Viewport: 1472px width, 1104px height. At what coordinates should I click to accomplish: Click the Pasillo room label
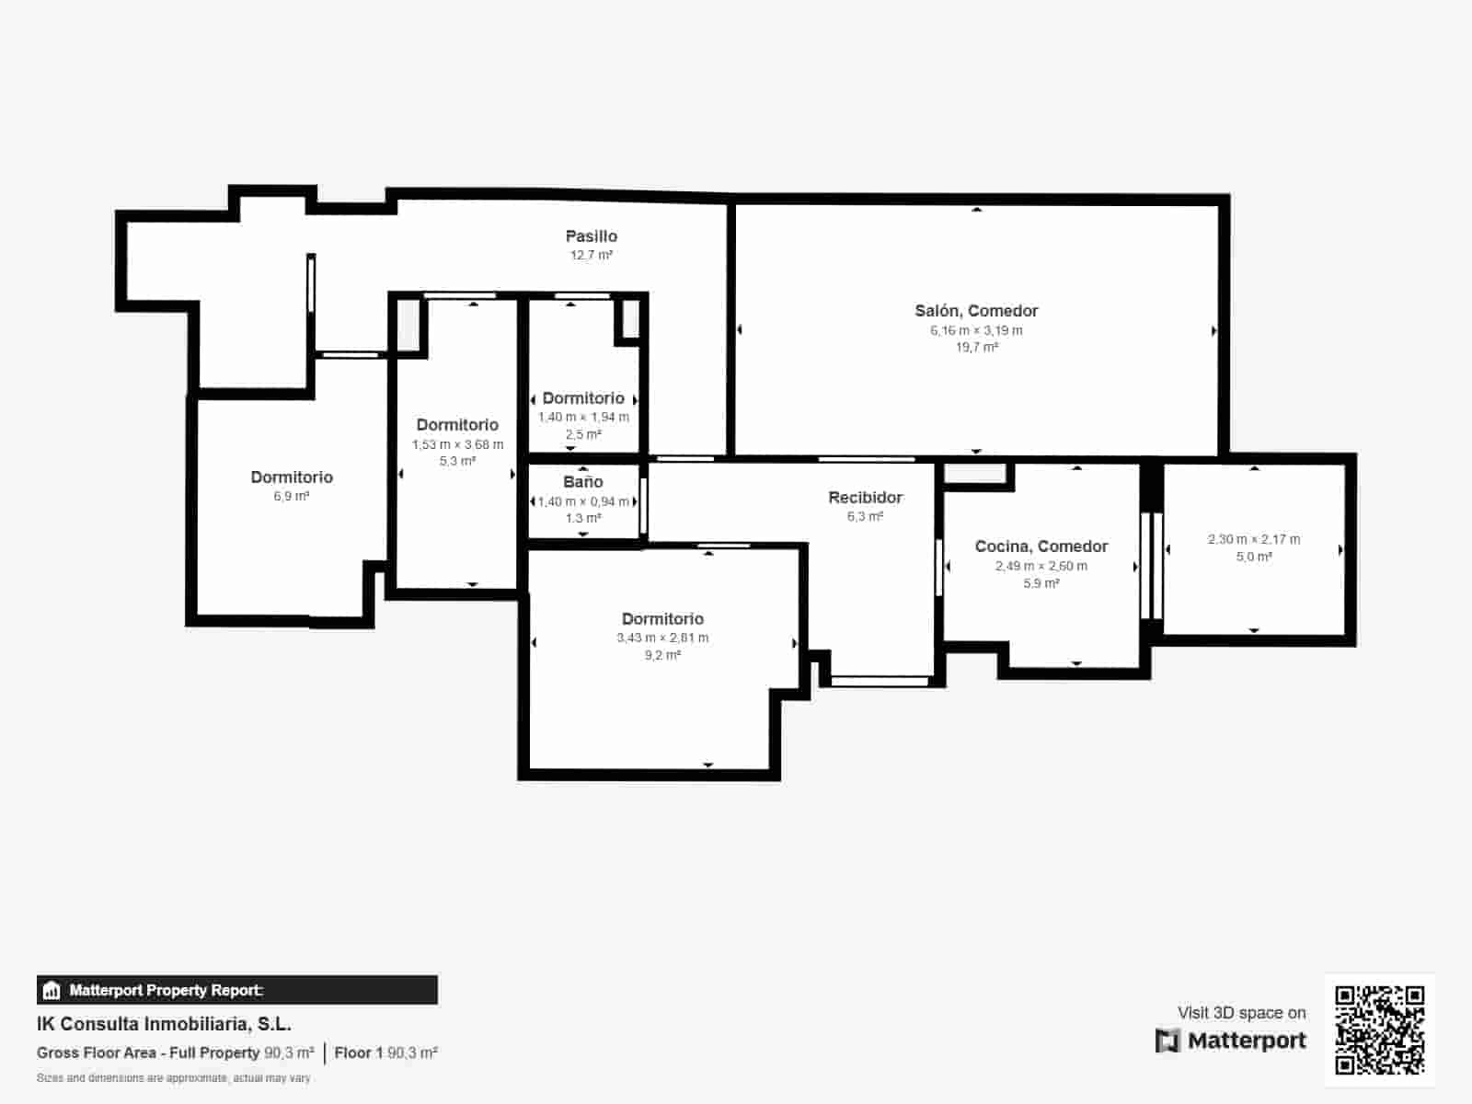pyautogui.click(x=591, y=236)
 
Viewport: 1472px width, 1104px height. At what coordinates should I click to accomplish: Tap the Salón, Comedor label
pyautogui.click(x=976, y=311)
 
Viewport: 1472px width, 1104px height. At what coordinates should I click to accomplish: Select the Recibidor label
pyautogui.click(x=865, y=498)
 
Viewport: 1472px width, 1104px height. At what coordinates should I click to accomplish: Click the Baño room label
pyautogui.click(x=583, y=482)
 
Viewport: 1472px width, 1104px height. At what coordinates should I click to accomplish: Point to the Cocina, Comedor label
pyautogui.click(x=1041, y=546)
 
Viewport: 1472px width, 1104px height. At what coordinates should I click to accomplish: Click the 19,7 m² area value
pyautogui.click(x=976, y=348)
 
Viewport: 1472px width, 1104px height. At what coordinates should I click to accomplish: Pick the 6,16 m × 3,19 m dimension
pyautogui.click(x=976, y=330)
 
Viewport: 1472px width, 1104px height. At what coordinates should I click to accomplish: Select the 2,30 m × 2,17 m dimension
pyautogui.click(x=1254, y=539)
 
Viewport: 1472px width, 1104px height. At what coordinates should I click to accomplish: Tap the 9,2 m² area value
pyautogui.click(x=662, y=656)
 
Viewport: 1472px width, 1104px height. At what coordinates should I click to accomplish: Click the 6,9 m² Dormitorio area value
pyautogui.click(x=291, y=496)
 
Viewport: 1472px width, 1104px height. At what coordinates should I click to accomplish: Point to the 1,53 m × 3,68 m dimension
pyautogui.click(x=457, y=444)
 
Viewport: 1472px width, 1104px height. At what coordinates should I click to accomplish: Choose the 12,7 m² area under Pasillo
pyautogui.click(x=591, y=256)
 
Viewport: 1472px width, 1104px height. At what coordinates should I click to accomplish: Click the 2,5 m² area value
pyautogui.click(x=583, y=434)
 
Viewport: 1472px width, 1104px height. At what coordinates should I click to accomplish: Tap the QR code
pyautogui.click(x=1379, y=1029)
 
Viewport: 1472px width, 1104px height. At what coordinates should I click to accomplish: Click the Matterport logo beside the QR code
pyautogui.click(x=1231, y=1041)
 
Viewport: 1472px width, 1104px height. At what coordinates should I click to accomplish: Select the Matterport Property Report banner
pyautogui.click(x=236, y=990)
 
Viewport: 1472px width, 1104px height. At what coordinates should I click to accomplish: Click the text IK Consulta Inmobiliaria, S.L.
pyautogui.click(x=164, y=1024)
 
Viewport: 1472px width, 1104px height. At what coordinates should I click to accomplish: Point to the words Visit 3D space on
pyautogui.click(x=1241, y=1013)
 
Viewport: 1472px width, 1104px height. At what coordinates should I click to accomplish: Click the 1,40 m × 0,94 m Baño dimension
pyautogui.click(x=583, y=501)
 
